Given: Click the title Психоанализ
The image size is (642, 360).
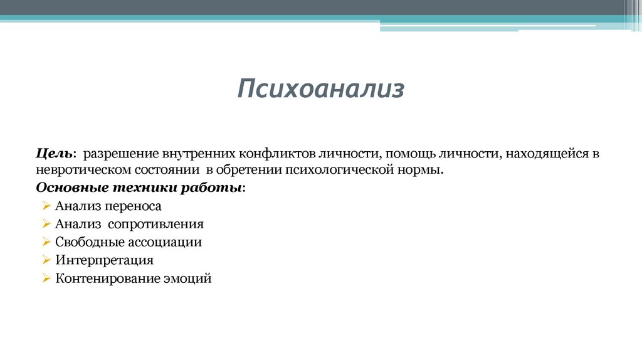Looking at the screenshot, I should point(320,89).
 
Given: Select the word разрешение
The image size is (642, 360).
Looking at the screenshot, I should point(122,154).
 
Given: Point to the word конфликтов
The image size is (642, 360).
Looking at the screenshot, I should point(276,154).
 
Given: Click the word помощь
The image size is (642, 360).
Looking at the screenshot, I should point(404,154).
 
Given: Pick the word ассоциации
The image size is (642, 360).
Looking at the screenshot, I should point(164,242).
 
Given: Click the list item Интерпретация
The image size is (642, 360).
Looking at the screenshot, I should point(104,260).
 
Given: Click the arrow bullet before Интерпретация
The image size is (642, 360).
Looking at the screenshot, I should point(46,260).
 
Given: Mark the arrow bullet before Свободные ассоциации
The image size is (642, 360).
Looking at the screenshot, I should point(46,242).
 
